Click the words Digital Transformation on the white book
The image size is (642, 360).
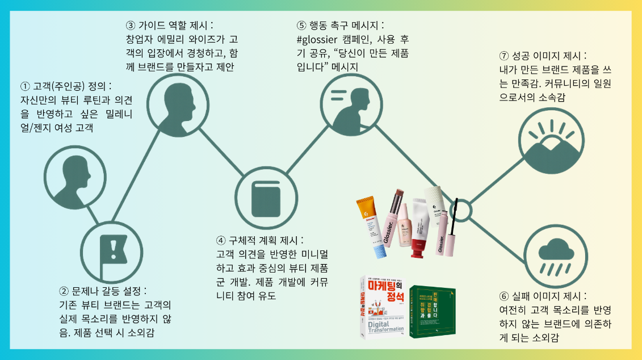pos(381,326)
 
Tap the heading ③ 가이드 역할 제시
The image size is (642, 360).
pos(169,26)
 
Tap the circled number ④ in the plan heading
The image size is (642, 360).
pos(221,240)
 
